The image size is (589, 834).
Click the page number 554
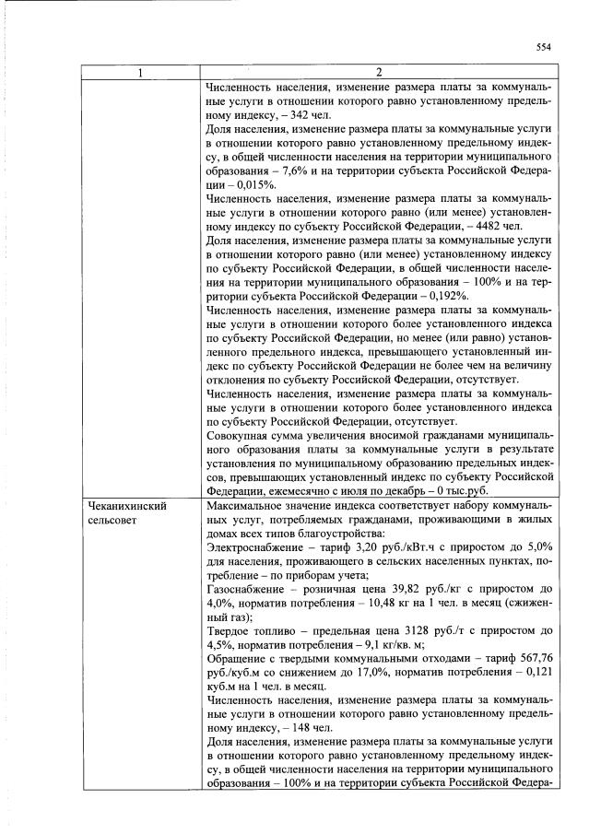(543, 48)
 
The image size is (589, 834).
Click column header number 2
(379, 73)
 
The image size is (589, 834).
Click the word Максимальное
(248, 506)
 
